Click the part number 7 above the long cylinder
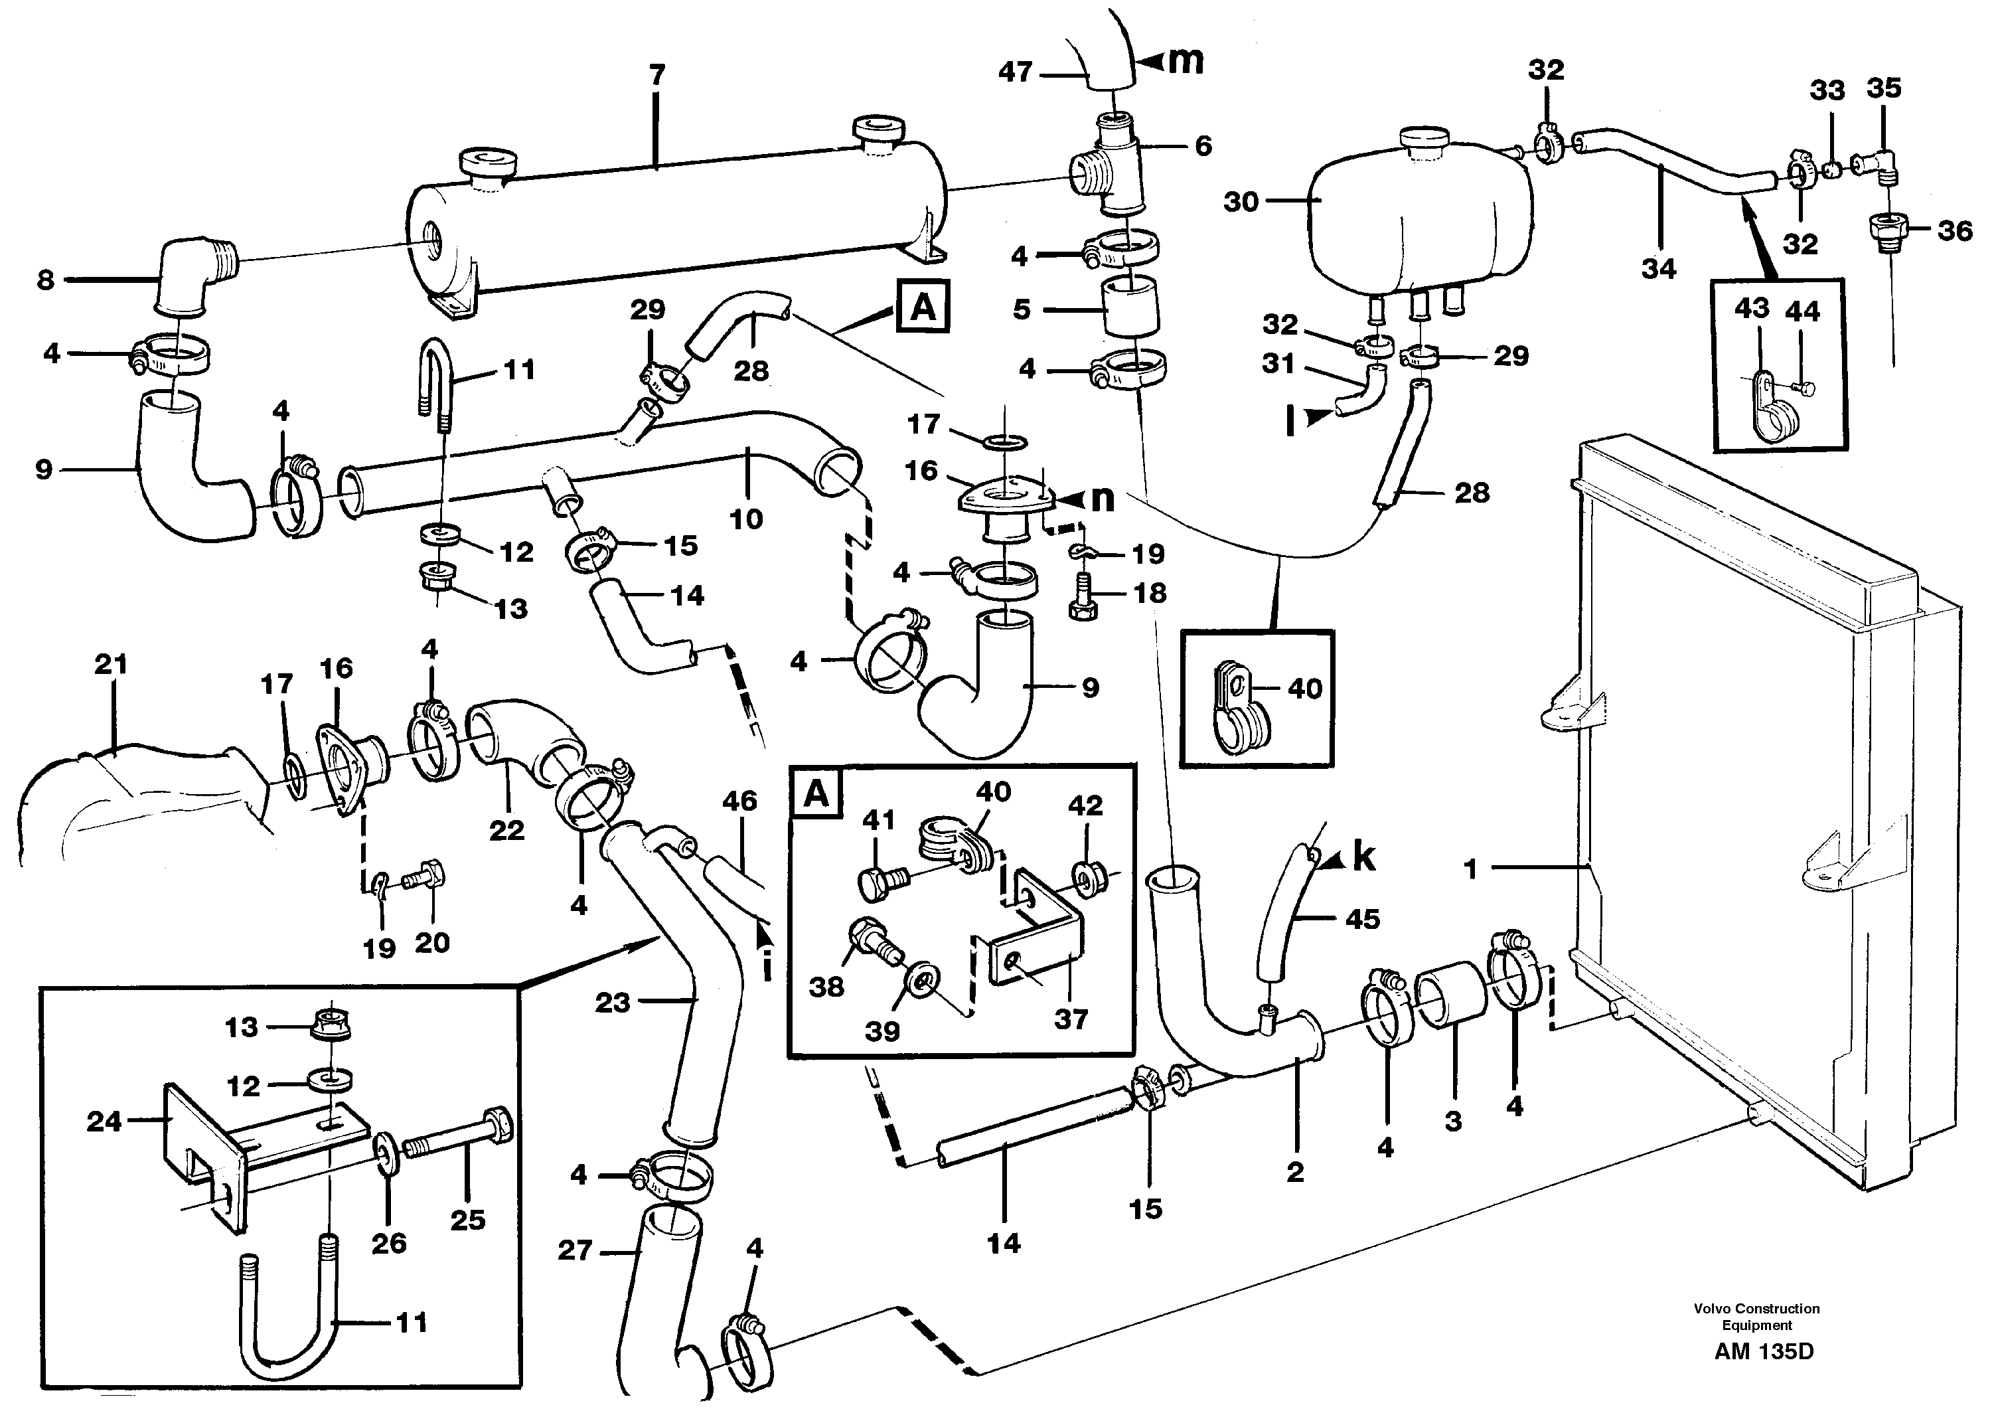656,76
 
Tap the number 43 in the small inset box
1752,308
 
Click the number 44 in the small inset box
1802,311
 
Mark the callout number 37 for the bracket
1071,1018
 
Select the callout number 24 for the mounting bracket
104,1122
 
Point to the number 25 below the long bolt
467,1220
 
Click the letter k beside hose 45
1363,858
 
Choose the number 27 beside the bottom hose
575,1251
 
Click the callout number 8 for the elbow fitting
45,280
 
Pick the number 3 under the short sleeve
1453,1122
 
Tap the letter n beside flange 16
1102,499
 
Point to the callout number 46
739,801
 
